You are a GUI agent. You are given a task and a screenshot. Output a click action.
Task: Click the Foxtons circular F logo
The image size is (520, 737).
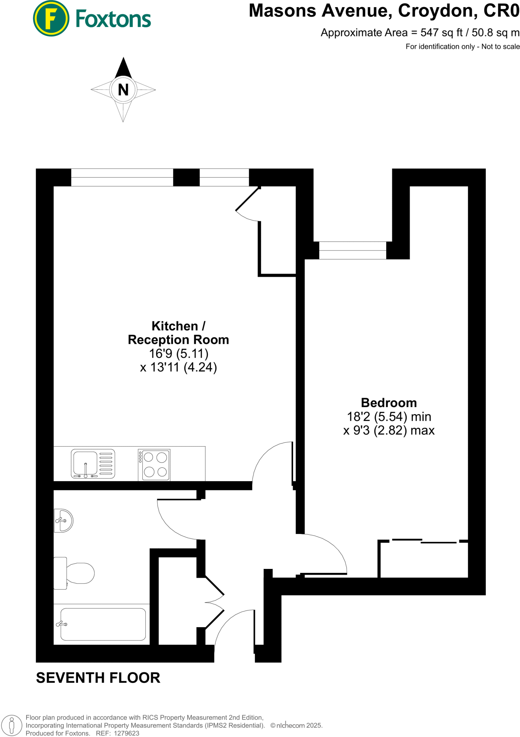pos(51,18)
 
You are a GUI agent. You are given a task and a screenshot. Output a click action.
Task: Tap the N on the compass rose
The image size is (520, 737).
pos(123,90)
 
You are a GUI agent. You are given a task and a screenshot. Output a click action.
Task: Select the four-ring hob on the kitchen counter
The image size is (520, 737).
pos(154,465)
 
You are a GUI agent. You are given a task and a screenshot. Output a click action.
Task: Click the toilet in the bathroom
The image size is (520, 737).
pos(74,573)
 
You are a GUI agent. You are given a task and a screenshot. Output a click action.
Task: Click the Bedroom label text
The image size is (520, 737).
pos(389,403)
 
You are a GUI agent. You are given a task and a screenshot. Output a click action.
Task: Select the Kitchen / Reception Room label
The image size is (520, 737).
pos(178,333)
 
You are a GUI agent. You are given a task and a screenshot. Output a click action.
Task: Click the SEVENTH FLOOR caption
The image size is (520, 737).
pos(98,678)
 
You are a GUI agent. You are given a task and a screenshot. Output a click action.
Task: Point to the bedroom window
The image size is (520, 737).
pos(352,250)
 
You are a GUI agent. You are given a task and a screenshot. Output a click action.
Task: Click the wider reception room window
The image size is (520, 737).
pos(122,177)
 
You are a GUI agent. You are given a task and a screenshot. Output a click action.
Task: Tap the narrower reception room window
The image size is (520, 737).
pos(224,177)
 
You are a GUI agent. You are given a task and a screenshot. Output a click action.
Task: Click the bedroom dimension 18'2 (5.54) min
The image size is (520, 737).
pos(389,417)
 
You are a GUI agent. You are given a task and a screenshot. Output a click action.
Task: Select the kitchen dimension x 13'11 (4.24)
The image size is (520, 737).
pos(178,367)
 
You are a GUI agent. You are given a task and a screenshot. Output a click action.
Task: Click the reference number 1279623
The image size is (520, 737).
pos(126,733)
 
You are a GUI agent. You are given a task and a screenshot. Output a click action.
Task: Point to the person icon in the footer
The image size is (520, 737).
pos(12,725)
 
